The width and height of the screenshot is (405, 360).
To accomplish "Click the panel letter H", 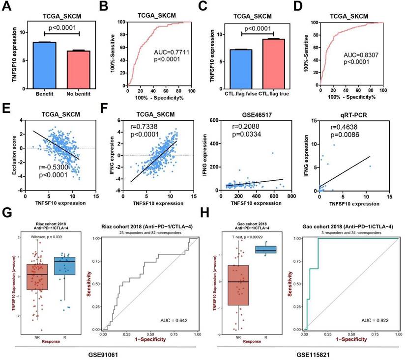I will click(x=208, y=214).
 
